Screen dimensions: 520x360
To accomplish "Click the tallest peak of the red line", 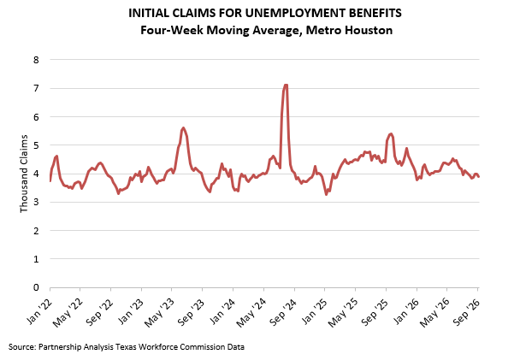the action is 286,86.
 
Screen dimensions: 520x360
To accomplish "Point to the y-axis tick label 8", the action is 36,60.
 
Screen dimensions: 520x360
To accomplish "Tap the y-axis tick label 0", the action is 36,287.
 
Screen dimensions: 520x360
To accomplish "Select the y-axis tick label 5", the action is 36,145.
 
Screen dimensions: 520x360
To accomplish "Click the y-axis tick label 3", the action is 36,202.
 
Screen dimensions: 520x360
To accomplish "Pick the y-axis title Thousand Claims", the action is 24,174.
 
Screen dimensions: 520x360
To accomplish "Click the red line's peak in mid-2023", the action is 183,127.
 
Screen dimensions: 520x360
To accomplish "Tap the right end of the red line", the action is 479,177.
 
